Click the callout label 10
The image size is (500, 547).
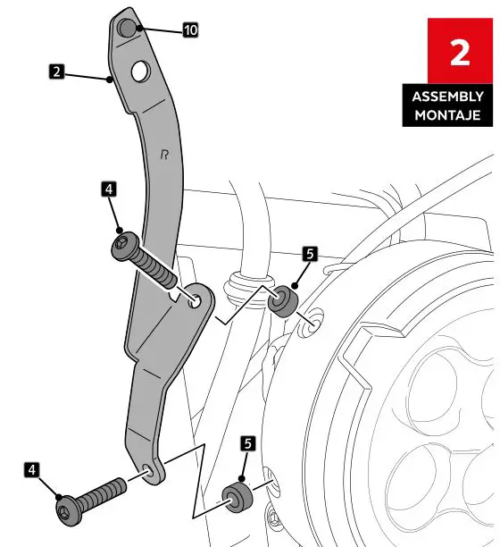point(190,29)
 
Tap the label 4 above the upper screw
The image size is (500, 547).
point(107,189)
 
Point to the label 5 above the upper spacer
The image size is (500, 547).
point(308,254)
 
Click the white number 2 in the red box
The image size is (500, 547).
point(459,53)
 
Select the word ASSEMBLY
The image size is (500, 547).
point(448,97)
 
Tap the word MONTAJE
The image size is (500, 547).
point(448,114)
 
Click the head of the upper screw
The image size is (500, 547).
point(122,246)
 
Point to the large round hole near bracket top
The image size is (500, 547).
point(139,70)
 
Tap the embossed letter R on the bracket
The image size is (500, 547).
point(164,154)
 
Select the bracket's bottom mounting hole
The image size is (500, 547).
point(148,471)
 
